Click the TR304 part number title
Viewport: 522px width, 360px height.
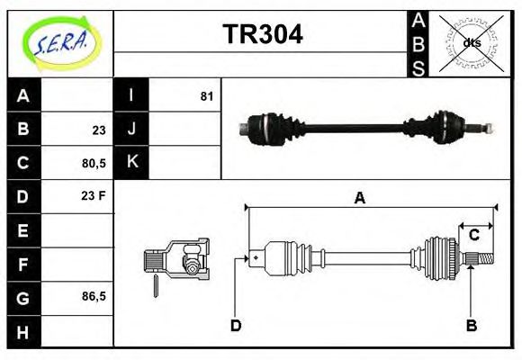pos(263,34)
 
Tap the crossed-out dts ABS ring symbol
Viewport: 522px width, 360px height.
pos(471,42)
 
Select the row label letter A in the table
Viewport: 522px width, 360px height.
pos(23,95)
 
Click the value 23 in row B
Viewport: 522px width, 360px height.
pos(99,130)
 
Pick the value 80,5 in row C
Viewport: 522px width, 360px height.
pos(94,163)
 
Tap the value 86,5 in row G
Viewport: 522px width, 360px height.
pos(94,296)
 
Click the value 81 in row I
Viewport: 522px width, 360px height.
pos(207,95)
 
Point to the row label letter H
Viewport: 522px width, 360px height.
pos(23,331)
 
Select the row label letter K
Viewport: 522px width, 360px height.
pos(131,163)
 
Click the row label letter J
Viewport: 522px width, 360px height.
pos(131,130)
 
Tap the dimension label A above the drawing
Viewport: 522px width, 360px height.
pos(360,199)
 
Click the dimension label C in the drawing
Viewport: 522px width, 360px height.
pos(473,236)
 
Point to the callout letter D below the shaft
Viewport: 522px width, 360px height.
pos(236,325)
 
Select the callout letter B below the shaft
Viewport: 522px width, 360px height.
pos(471,325)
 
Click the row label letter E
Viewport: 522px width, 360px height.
pos(23,230)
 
